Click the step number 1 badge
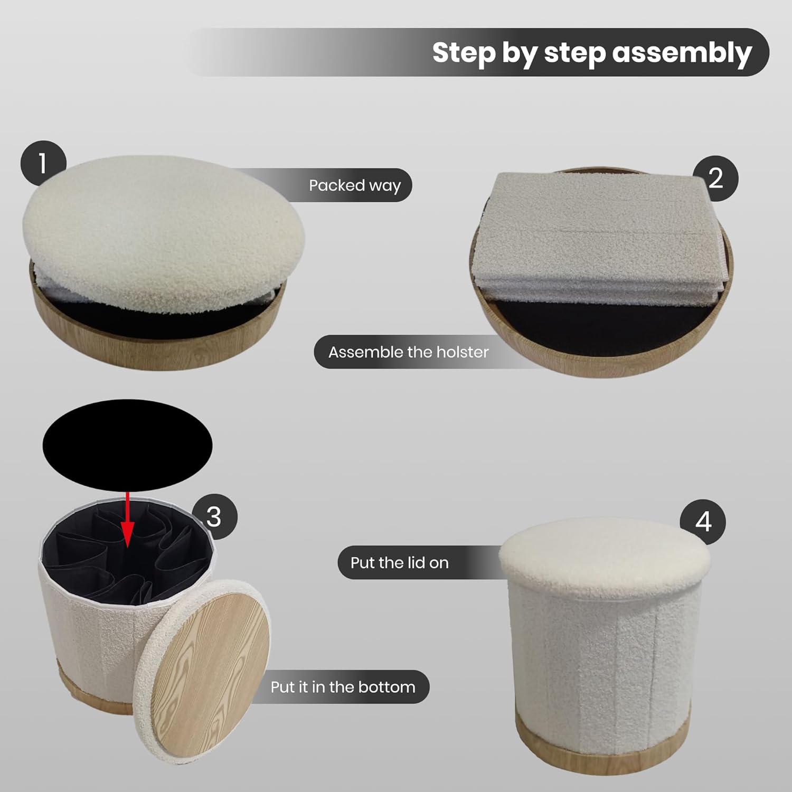pos(43,163)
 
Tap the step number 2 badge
pos(715,178)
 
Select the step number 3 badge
pos(214,516)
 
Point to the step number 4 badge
pos(702,522)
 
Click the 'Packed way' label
pos(355,185)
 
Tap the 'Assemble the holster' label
pos(408,352)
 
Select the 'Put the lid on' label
pos(399,563)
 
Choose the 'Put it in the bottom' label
pos(343,687)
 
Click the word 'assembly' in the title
pos(682,53)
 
